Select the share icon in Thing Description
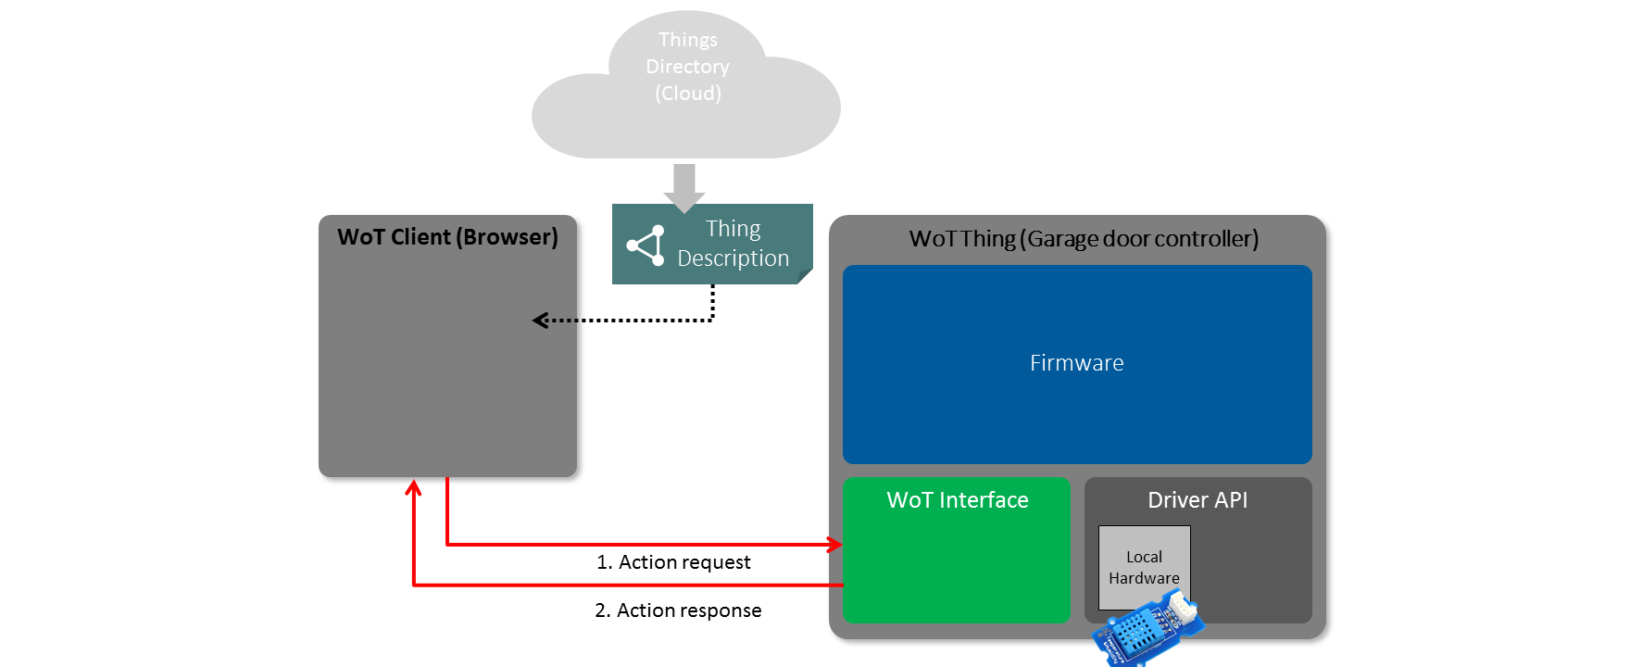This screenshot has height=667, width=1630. pyautogui.click(x=646, y=245)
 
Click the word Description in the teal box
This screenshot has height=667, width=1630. pyautogui.click(x=733, y=258)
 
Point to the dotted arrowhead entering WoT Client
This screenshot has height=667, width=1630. pyautogui.click(x=540, y=321)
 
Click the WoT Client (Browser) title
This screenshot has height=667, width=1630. pyautogui.click(x=447, y=237)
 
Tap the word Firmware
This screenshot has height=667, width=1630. pyautogui.click(x=1076, y=363)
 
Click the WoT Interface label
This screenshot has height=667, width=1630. pyautogui.click(x=957, y=500)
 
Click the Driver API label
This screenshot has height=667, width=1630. pyautogui.click(x=1197, y=500)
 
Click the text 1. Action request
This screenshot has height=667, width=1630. pyautogui.click(x=673, y=562)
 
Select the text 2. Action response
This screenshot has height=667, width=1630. pyautogui.click(x=678, y=610)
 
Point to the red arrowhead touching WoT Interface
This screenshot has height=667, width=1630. pyautogui.click(x=835, y=545)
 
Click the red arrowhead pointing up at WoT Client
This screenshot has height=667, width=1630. pyautogui.click(x=414, y=486)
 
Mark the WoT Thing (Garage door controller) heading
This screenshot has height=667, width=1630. pyautogui.click(x=1084, y=239)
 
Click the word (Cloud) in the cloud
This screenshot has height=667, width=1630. pyautogui.click(x=687, y=94)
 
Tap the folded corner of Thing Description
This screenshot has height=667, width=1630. pyautogui.click(x=805, y=275)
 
